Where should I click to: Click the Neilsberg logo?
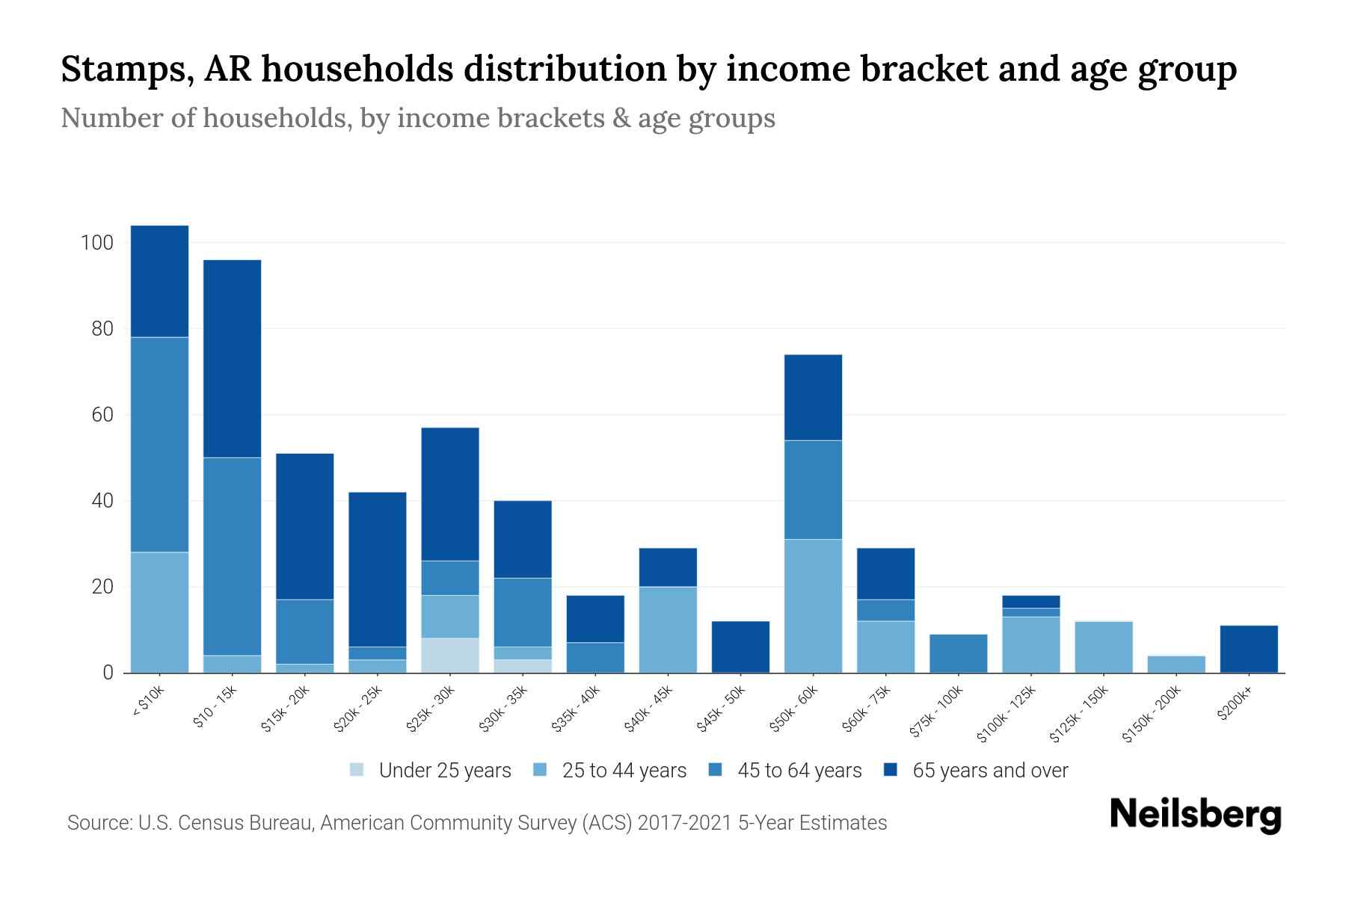point(1195,815)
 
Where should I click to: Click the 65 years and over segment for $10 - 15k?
point(233,359)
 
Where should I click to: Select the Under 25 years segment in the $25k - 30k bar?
point(450,655)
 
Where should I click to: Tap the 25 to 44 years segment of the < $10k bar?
point(159,612)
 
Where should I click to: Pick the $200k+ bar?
point(1249,649)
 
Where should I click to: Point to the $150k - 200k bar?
point(1176,664)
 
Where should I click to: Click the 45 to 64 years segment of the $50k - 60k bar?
point(813,490)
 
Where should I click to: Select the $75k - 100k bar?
point(958,653)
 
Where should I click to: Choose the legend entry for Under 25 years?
point(430,771)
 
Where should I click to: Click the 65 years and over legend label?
point(990,771)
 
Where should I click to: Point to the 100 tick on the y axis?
point(97,243)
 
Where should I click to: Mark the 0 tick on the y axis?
point(108,673)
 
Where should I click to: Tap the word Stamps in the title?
point(122,70)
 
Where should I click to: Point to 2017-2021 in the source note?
point(684,823)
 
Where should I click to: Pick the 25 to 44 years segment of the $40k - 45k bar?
point(668,629)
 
